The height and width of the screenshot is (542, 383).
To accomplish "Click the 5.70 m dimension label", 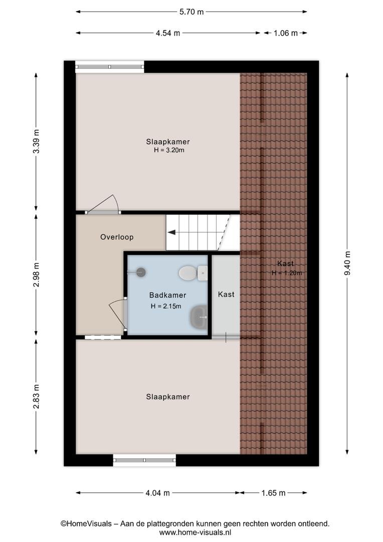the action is (x=192, y=12).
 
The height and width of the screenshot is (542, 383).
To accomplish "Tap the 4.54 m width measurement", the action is (x=168, y=33).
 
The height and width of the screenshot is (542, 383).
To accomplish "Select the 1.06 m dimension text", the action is (x=286, y=33).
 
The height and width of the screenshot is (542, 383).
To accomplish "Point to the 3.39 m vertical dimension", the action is (x=36, y=142).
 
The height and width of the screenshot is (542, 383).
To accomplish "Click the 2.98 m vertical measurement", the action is (x=36, y=275).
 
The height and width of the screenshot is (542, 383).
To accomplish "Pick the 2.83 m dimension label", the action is (x=36, y=396).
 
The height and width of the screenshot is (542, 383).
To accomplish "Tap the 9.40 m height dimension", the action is (x=347, y=263).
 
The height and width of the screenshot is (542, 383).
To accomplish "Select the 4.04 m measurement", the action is (x=158, y=493).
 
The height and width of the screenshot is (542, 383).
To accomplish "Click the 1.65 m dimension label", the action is (x=274, y=493).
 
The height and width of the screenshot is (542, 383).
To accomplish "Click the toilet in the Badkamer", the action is (x=193, y=273).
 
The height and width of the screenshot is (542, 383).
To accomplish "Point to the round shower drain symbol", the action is (x=141, y=272).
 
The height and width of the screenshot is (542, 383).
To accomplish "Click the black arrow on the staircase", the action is (x=171, y=232).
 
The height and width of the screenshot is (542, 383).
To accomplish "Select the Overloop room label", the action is (x=117, y=237).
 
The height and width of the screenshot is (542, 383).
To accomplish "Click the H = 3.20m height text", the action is (x=169, y=150).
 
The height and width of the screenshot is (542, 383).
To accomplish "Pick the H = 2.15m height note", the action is (x=166, y=306).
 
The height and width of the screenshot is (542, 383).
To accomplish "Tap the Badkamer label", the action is (x=168, y=295).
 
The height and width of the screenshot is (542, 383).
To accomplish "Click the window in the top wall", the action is (x=110, y=67).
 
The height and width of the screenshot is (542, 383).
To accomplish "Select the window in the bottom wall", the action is (x=144, y=460).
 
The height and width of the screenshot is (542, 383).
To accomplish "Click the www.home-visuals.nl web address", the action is (x=195, y=532).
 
